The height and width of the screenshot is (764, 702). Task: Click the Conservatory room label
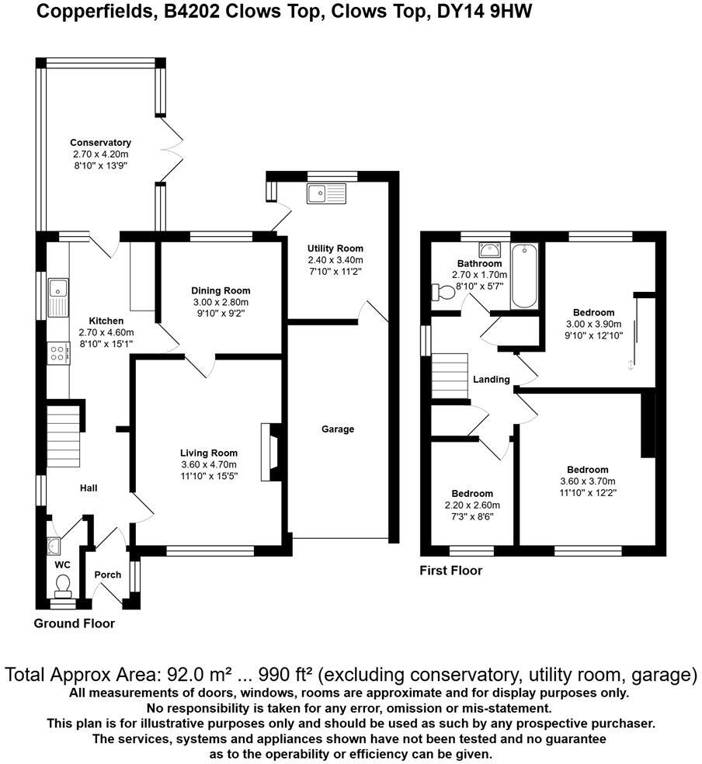[100, 143]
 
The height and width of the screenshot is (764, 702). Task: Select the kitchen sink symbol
[58, 296]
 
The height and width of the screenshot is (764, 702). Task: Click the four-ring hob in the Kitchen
[58, 353]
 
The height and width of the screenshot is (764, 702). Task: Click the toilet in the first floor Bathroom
[443, 292]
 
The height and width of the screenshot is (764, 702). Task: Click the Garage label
[338, 429]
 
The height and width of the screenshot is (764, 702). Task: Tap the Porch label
[107, 575]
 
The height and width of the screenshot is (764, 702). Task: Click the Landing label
[491, 380]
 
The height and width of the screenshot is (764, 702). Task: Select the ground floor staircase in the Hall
[64, 443]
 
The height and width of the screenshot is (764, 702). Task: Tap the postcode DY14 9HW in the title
[482, 12]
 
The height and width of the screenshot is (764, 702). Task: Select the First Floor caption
[450, 571]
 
